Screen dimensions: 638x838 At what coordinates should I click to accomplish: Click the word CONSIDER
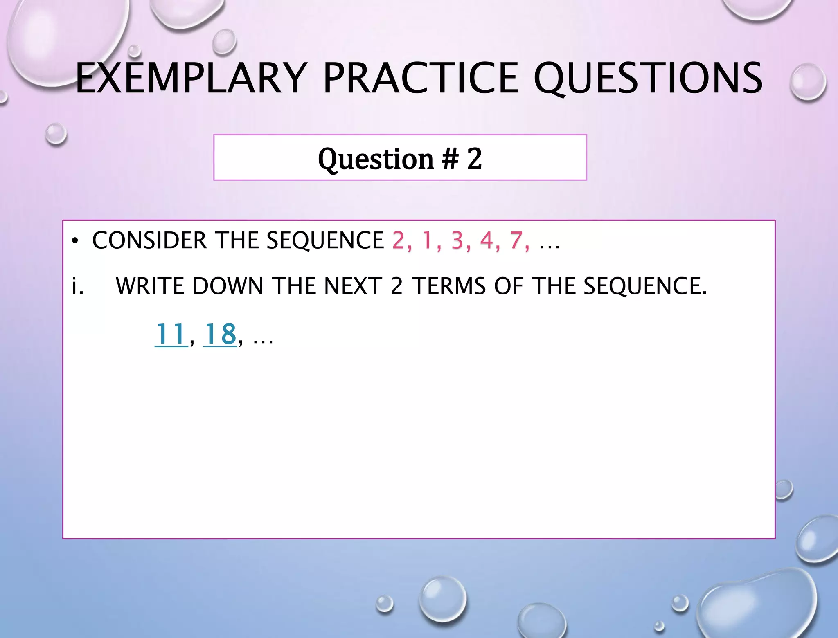pos(150,240)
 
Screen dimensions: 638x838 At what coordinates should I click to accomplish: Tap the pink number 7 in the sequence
pos(516,240)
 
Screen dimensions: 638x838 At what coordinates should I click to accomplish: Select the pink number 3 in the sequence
pos(457,240)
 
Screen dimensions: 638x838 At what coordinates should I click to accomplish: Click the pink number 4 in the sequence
pos(487,240)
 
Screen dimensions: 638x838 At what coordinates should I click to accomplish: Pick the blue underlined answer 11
pos(171,334)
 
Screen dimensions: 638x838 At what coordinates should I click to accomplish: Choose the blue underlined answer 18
pos(220,334)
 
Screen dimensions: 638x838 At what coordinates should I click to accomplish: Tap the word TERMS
pos(449,286)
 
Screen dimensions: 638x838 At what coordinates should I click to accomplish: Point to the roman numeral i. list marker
pos(77,286)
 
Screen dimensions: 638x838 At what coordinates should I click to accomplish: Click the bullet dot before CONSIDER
pos(74,241)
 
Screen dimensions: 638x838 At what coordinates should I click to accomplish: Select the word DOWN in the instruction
pos(228,286)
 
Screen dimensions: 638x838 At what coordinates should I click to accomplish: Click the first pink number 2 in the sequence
pos(398,240)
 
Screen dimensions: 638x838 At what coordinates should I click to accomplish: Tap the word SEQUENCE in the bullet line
pos(325,240)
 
